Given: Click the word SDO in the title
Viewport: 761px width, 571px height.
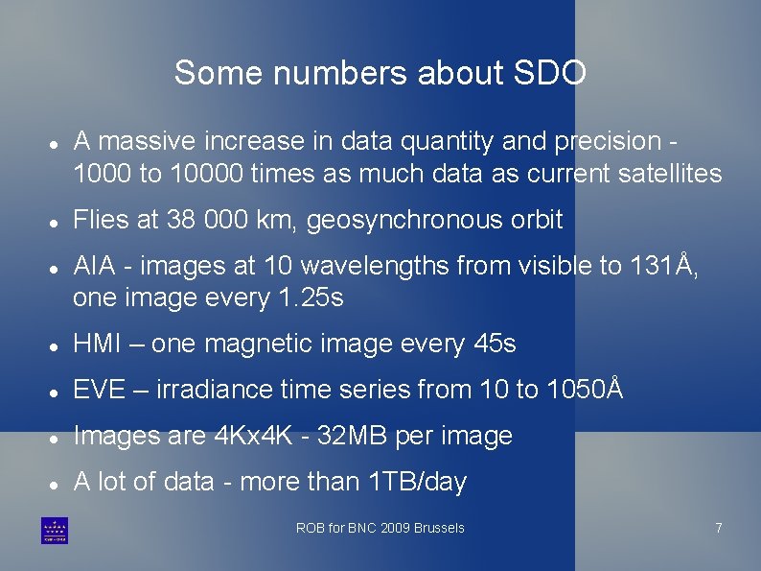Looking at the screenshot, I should point(550,73).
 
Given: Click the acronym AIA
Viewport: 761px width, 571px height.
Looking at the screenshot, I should point(93,266).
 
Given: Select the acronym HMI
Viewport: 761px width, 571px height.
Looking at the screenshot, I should point(96,344).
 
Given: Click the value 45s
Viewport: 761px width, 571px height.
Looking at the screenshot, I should point(495,344).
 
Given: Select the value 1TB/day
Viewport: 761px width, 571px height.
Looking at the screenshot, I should point(418,482).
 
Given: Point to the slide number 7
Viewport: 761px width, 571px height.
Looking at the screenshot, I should point(718,528).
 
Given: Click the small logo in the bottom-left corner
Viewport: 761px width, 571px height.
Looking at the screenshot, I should point(54,531).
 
